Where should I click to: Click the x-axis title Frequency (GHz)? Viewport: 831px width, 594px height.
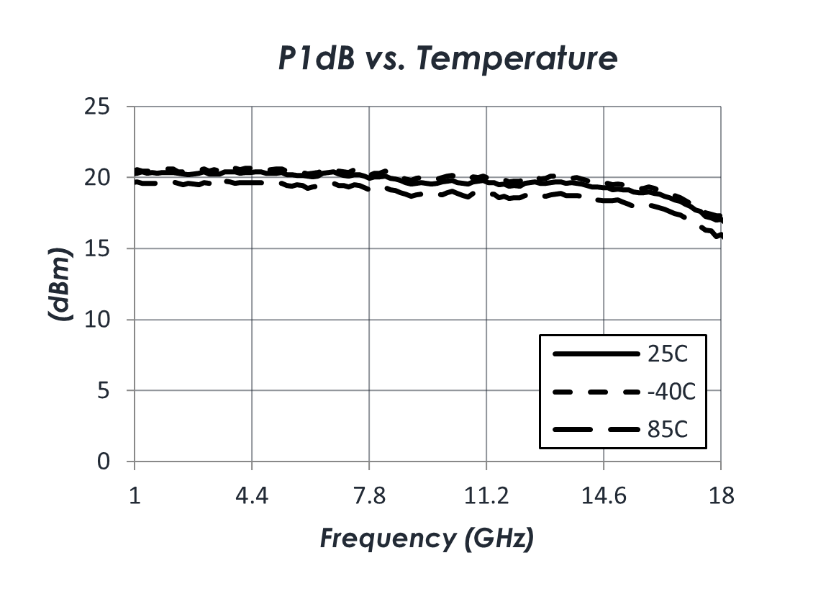pyautogui.click(x=427, y=538)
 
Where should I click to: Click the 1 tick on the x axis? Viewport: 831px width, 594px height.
pyautogui.click(x=135, y=497)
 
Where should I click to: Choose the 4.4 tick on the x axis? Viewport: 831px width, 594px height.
pyautogui.click(x=252, y=497)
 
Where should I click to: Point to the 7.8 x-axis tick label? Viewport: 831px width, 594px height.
pyautogui.click(x=369, y=497)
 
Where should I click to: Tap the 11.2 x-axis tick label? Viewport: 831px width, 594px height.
pyautogui.click(x=486, y=497)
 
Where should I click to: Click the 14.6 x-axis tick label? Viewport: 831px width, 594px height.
pyautogui.click(x=604, y=497)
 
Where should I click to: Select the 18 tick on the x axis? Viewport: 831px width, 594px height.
pyautogui.click(x=721, y=497)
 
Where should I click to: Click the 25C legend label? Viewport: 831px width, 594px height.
pyautogui.click(x=668, y=354)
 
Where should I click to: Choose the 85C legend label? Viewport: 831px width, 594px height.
pyautogui.click(x=668, y=430)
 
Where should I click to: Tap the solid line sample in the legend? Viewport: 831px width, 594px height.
pyautogui.click(x=596, y=354)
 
